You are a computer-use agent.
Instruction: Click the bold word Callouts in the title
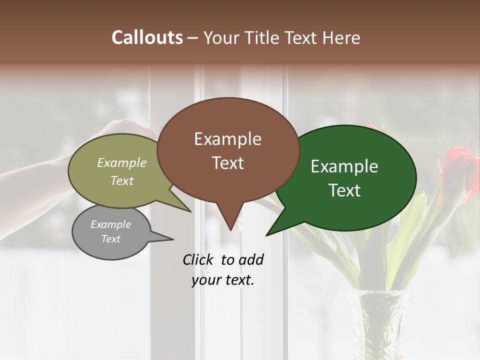147,37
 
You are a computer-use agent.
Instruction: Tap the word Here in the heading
341,37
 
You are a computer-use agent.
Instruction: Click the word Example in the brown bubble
227,139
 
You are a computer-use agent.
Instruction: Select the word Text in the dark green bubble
345,190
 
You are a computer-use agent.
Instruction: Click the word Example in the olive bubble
122,163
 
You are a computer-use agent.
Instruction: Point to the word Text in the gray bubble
110,239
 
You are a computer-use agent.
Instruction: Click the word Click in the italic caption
198,259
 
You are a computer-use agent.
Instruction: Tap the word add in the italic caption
250,259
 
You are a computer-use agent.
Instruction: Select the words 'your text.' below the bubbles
223,280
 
